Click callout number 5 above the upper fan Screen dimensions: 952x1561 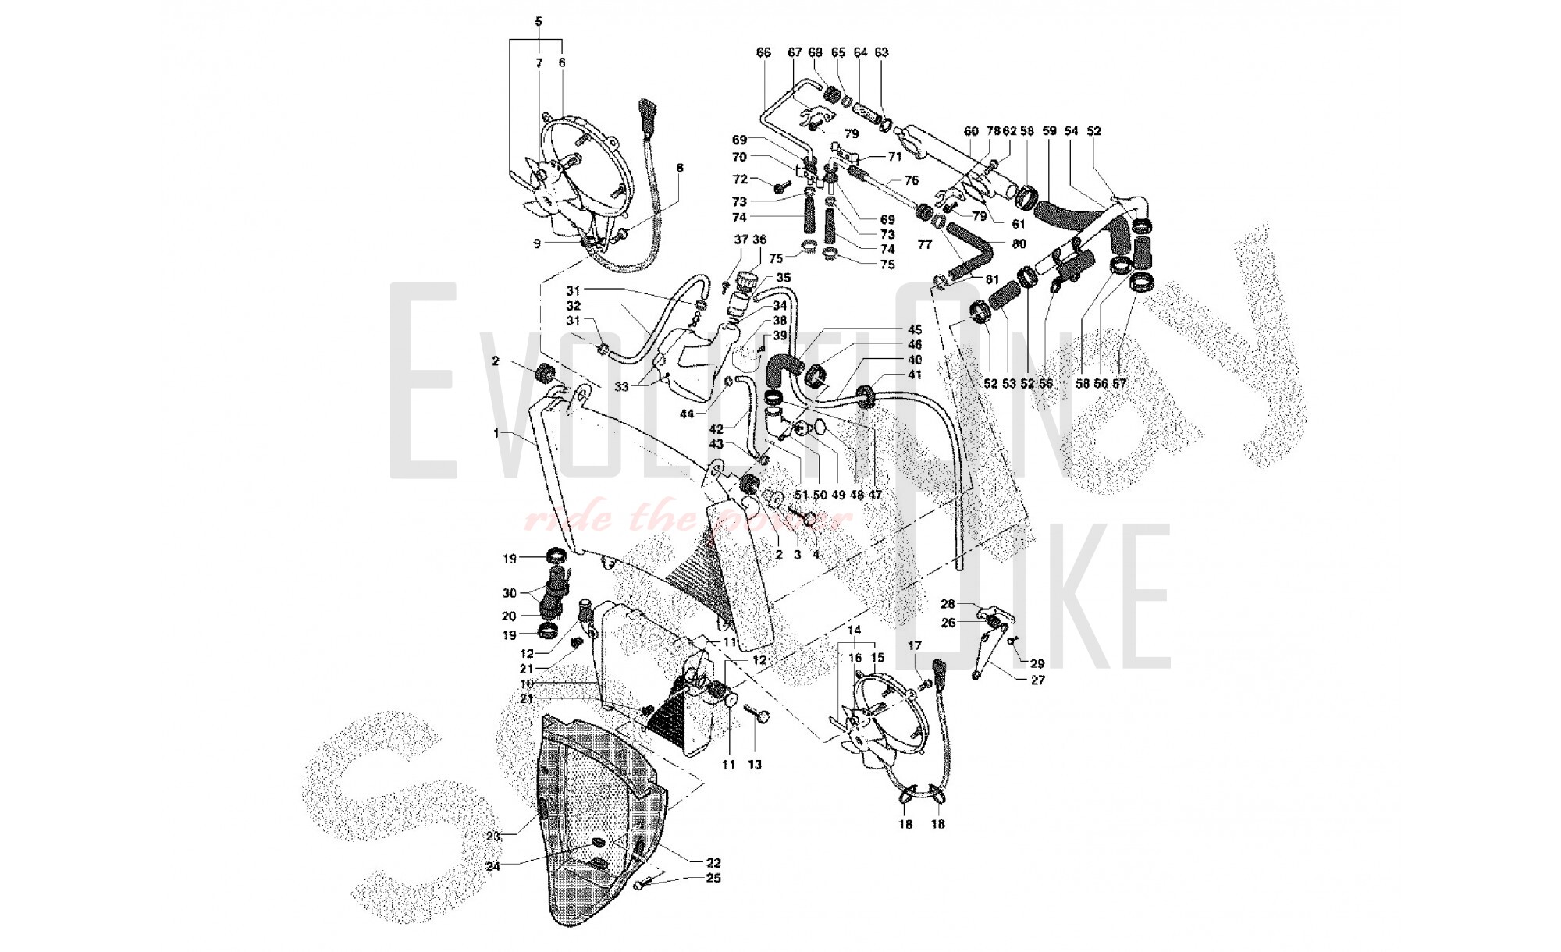[539, 21]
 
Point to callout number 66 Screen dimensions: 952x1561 [763, 52]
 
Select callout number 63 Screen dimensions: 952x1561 [881, 52]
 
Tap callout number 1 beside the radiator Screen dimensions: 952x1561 [496, 432]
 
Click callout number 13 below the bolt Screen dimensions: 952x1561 [755, 765]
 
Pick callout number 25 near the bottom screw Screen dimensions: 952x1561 [713, 878]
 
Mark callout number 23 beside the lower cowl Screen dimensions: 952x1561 [493, 837]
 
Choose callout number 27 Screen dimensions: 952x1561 [1037, 680]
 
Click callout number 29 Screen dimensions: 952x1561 [1037, 663]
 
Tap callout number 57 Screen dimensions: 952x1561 [1119, 383]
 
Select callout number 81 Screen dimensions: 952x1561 [992, 279]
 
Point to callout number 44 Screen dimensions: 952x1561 [687, 414]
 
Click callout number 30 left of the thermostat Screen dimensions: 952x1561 [510, 593]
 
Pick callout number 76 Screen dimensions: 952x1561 [912, 180]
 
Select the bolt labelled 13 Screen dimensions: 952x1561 [755, 713]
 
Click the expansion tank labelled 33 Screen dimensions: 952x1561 [702, 351]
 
